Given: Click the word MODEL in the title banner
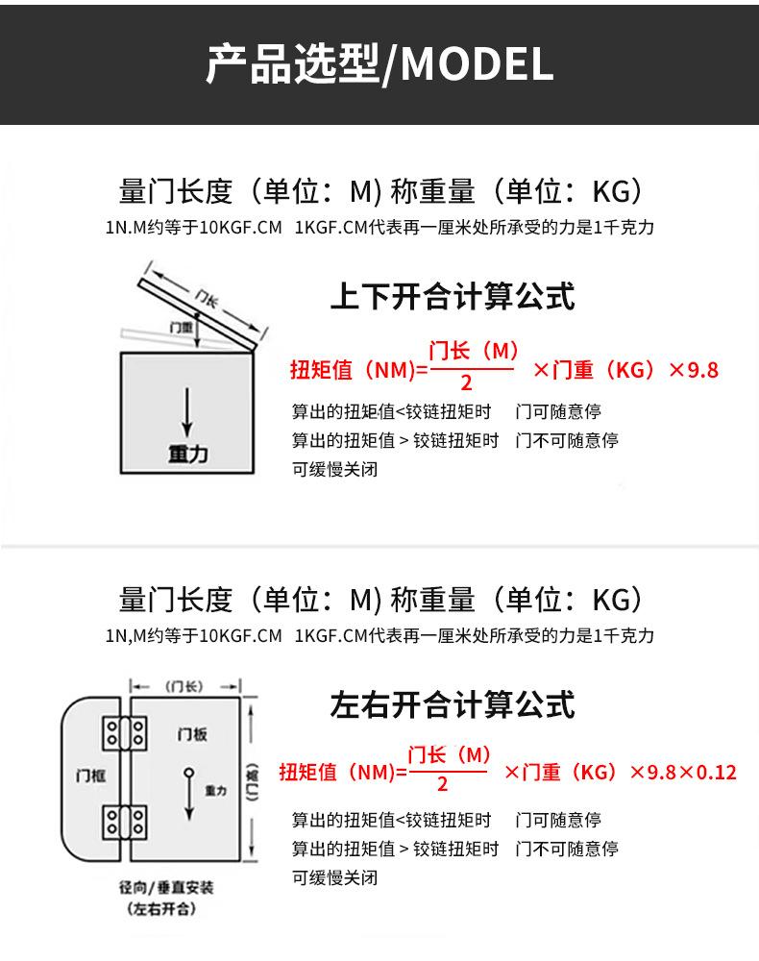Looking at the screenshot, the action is tap(477, 64).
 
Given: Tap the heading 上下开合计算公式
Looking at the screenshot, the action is tap(452, 295).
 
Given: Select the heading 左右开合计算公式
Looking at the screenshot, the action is tap(452, 704).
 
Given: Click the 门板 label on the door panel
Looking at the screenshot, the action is tap(192, 734).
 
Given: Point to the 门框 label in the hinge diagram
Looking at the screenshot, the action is tap(90, 776).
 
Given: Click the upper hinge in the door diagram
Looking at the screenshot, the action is tap(125, 734).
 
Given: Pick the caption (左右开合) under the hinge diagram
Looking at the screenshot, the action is tap(159, 909).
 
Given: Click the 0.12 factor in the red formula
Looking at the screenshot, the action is tap(715, 772).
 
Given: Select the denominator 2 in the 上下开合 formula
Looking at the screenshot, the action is tap(466, 383).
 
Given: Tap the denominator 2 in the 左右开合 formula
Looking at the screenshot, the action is tap(442, 785).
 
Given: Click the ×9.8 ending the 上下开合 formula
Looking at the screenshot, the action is tap(693, 370).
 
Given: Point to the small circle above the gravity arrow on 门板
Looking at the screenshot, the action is tap(189, 772).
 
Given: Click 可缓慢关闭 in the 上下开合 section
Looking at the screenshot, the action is tap(334, 470).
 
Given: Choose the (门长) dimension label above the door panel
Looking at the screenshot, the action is tap(184, 685).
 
